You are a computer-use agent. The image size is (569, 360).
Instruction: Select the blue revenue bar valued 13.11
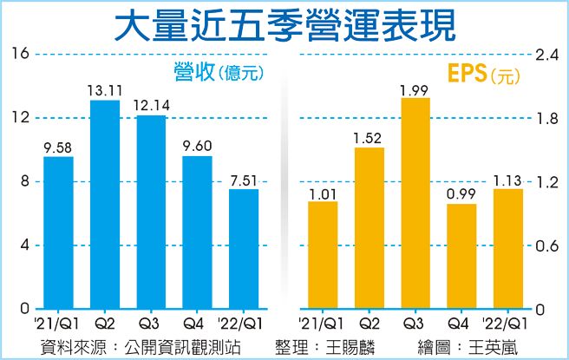click(105, 205)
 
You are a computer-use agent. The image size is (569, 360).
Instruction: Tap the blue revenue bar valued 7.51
click(244, 249)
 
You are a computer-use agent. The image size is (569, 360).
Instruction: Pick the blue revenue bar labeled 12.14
click(152, 212)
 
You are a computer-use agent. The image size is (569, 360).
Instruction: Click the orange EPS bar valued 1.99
click(415, 204)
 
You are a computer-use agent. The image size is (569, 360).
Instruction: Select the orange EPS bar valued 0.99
click(461, 257)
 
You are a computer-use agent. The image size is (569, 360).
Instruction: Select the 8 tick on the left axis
click(24, 181)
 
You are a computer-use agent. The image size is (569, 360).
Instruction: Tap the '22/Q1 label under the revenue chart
click(244, 324)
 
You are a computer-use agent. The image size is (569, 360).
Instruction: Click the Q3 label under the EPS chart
click(415, 324)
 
